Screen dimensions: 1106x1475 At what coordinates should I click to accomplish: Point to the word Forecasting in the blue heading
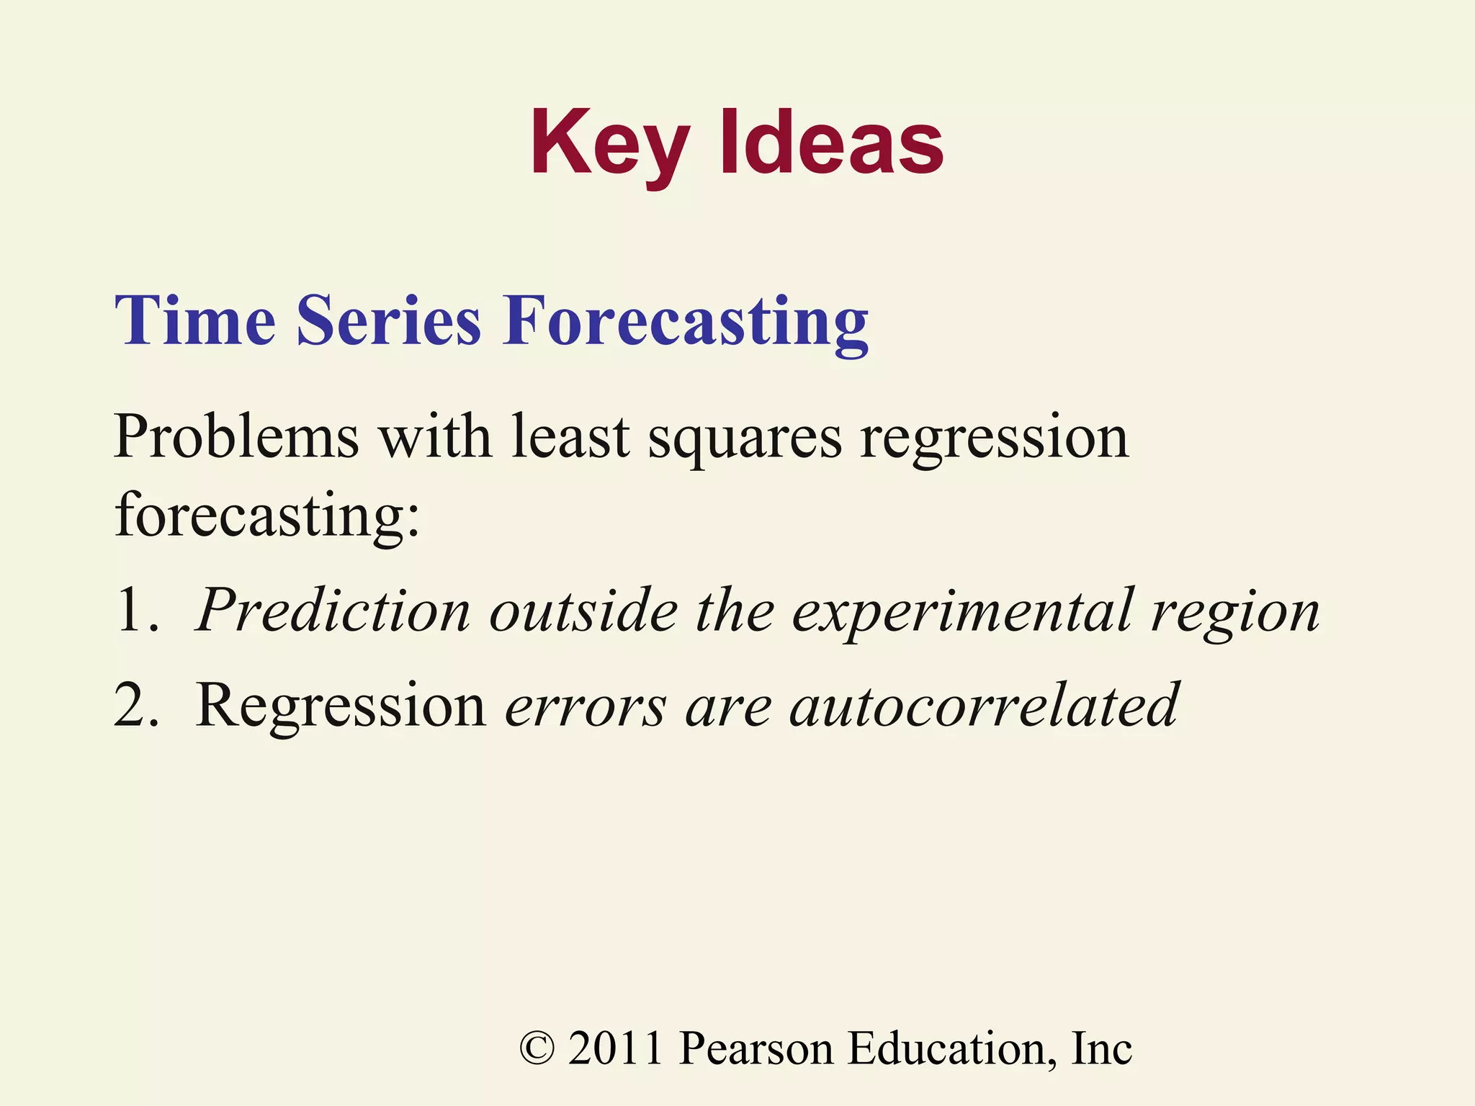(686, 322)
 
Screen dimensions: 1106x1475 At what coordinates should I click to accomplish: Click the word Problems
(236, 436)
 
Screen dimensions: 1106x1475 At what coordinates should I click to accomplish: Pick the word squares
(744, 438)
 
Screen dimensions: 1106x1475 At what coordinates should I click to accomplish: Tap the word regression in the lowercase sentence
(994, 438)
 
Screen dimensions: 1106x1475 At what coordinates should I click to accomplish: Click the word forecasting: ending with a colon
(267, 515)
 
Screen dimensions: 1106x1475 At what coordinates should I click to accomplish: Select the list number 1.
(135, 611)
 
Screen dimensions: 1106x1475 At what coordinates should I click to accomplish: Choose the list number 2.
(135, 706)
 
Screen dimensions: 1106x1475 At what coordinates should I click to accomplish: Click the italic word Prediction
(333, 611)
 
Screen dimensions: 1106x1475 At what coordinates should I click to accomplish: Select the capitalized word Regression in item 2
(341, 706)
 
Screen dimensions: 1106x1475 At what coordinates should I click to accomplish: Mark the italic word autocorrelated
(984, 706)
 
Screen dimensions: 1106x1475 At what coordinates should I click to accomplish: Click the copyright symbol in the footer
(537, 1048)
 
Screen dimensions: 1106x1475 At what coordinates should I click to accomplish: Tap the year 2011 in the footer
(615, 1048)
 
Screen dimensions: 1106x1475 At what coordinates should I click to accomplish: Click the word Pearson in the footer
(756, 1048)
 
